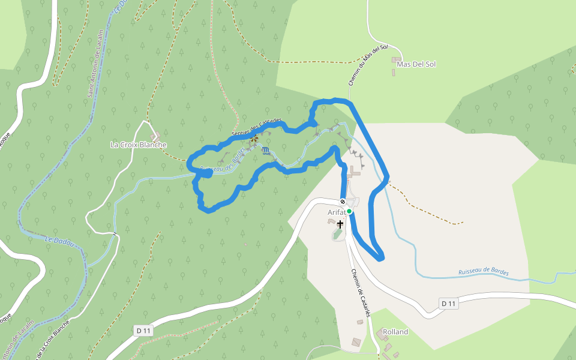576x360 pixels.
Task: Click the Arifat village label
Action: click(x=337, y=212)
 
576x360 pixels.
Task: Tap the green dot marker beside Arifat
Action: click(x=349, y=211)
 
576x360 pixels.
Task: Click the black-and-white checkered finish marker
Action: click(x=343, y=202)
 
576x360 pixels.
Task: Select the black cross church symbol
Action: click(x=340, y=224)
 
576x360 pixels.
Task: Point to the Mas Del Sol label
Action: click(x=416, y=64)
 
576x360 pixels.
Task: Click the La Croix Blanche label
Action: click(x=139, y=145)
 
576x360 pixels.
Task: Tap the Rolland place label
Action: click(x=395, y=332)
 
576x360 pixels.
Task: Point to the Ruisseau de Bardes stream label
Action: click(x=483, y=272)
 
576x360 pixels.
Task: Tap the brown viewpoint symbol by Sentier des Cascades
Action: click(x=254, y=139)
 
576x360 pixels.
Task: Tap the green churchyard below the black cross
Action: click(x=338, y=235)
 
